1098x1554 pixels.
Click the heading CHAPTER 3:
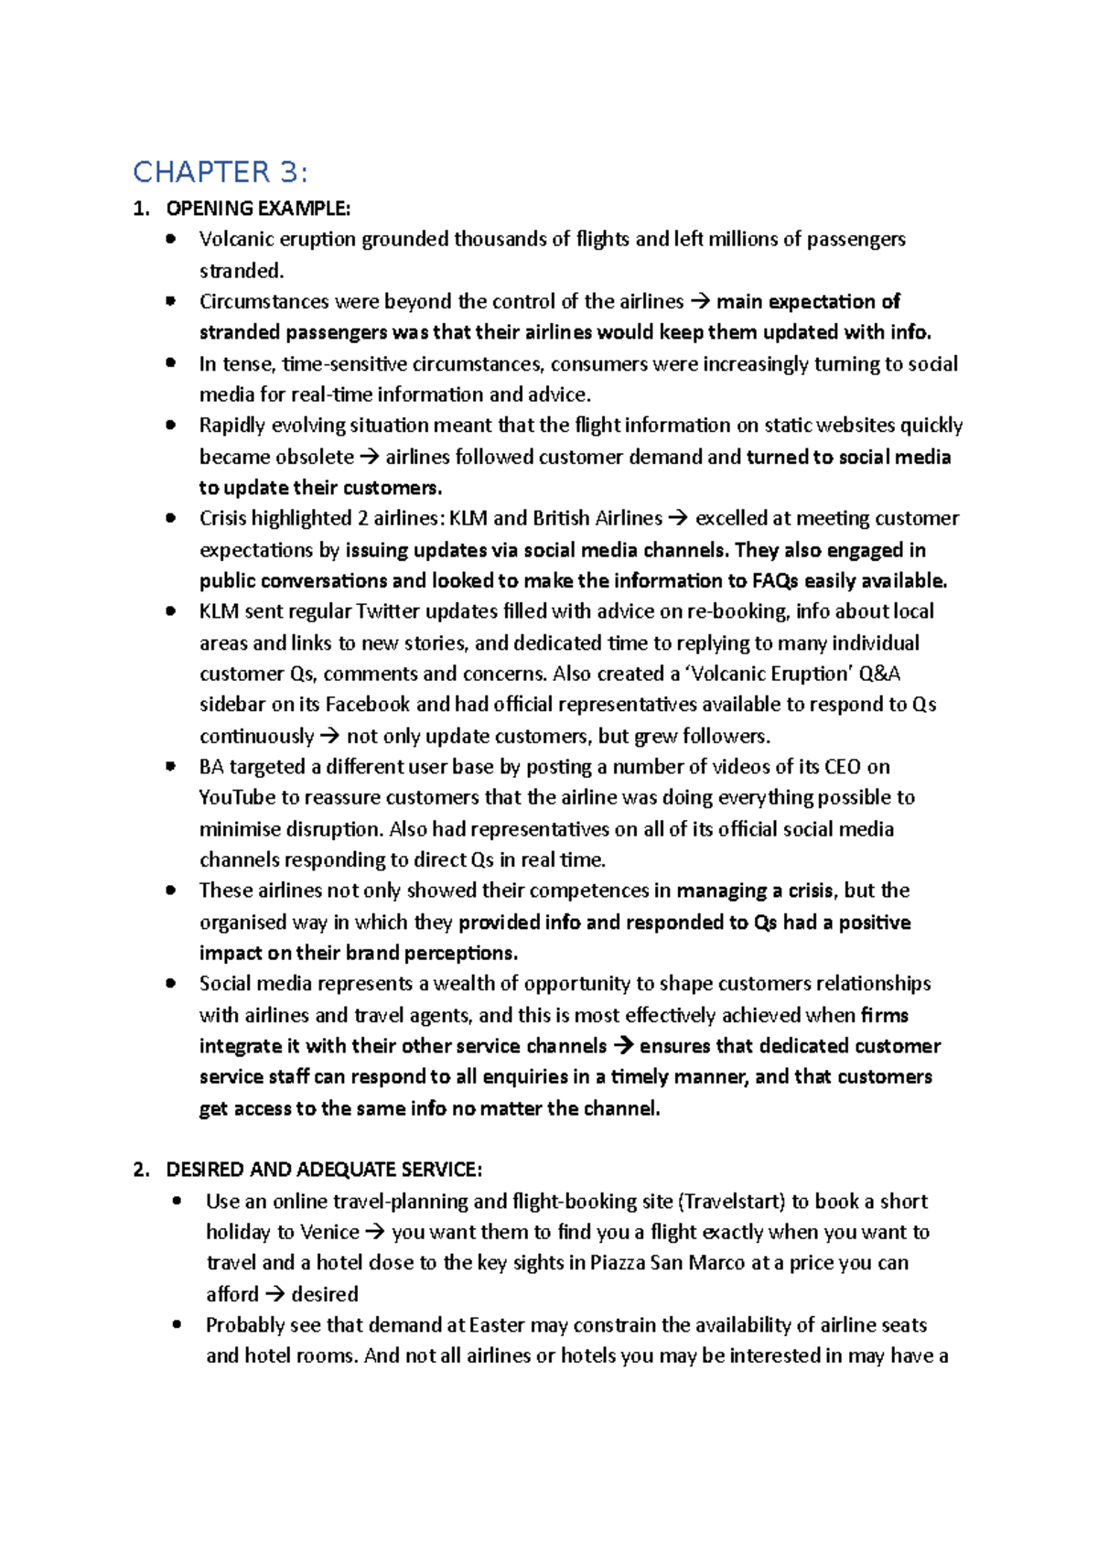tap(221, 172)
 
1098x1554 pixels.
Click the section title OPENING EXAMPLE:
tap(257, 209)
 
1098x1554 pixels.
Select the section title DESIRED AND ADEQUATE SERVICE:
tap(323, 1170)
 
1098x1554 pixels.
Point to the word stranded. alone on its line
tap(242, 271)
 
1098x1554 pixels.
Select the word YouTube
tap(237, 797)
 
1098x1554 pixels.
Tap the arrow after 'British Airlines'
tap(678, 519)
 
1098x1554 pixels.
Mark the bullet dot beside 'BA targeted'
tap(170, 767)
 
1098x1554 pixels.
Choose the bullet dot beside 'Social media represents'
tap(170, 984)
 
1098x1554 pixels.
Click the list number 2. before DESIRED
tap(141, 1170)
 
